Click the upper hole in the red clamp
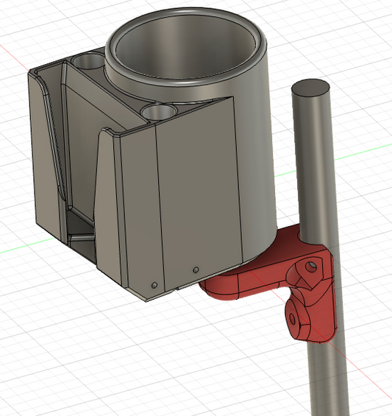[x=312, y=263]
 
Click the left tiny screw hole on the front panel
[x=154, y=283]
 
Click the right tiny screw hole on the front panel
[x=195, y=269]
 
